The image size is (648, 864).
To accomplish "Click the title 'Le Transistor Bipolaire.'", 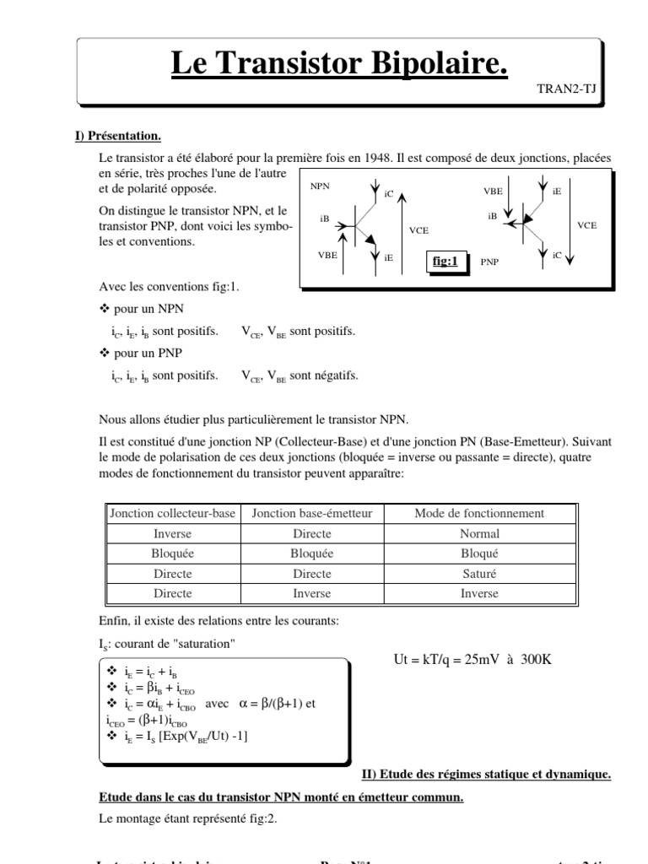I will tap(340, 64).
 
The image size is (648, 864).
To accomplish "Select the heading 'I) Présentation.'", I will tap(114, 136).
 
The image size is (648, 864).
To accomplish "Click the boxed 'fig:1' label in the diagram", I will tap(445, 262).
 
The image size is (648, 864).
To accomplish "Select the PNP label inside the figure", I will tap(489, 262).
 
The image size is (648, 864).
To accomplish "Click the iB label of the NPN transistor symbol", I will tap(325, 218).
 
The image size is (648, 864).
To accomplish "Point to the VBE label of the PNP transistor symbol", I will tap(493, 192).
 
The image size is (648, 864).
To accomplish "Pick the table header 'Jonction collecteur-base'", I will tap(172, 513).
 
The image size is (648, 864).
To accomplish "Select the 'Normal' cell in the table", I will tap(479, 533).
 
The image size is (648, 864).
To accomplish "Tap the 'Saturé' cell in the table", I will tap(479, 573).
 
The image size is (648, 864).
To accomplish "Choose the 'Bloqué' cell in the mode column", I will tap(479, 553).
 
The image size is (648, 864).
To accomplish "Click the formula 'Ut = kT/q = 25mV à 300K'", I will tap(472, 658).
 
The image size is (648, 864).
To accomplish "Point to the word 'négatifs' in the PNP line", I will tap(335, 375).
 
